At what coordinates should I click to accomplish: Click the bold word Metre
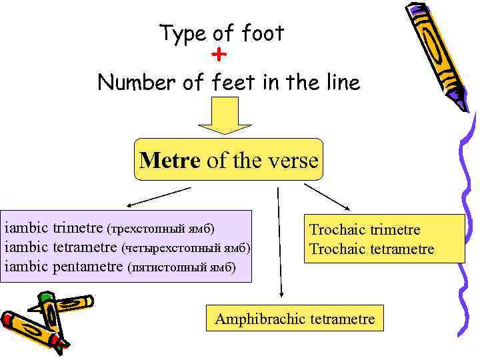click(x=169, y=161)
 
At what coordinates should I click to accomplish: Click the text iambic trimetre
click(x=54, y=229)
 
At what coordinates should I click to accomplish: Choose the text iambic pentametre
click(x=64, y=267)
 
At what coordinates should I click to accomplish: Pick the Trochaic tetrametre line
click(x=371, y=249)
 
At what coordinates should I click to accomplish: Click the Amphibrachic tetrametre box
click(x=295, y=319)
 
